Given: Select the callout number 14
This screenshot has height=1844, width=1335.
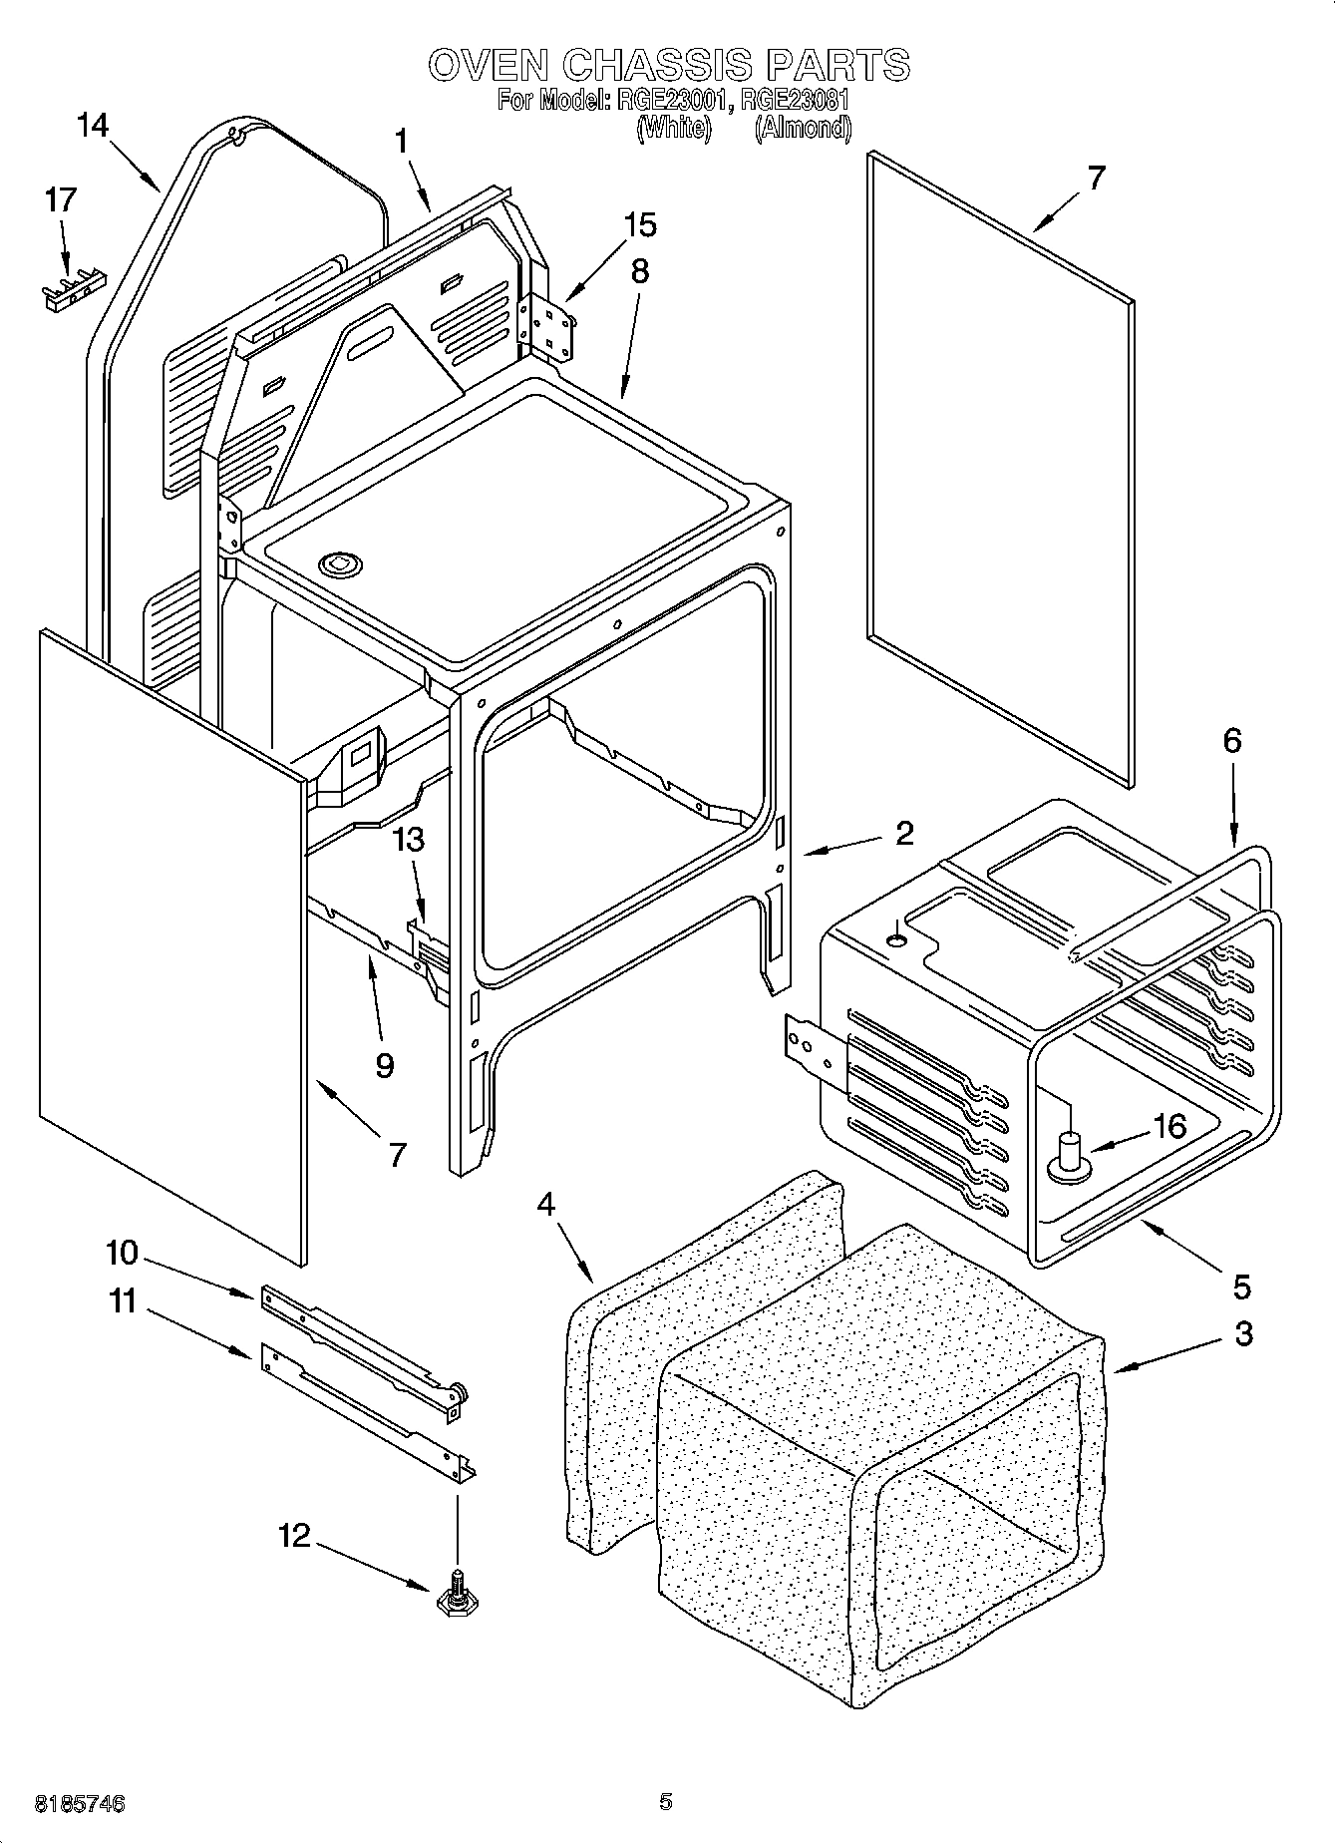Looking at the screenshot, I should click(x=93, y=126).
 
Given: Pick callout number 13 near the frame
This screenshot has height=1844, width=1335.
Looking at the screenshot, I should click(x=409, y=841).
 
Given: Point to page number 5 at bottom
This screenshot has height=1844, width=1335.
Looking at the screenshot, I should click(x=665, y=1802).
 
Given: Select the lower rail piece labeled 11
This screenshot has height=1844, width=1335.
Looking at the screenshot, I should click(x=364, y=1406).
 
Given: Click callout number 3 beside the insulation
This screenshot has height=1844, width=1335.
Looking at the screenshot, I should click(x=1242, y=1333).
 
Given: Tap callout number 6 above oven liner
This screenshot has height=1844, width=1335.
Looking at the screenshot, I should click(x=1232, y=741).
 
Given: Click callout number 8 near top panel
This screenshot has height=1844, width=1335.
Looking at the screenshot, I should click(x=639, y=271).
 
